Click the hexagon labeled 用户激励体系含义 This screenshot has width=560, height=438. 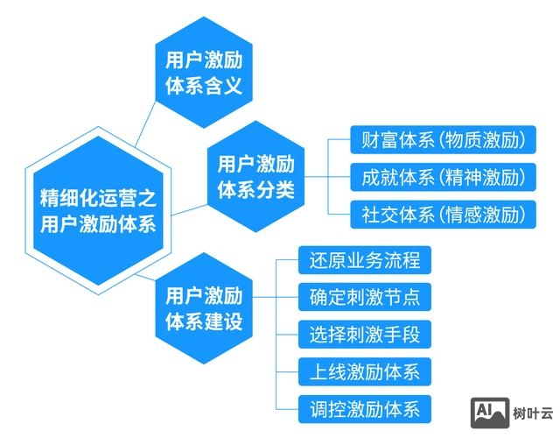click(x=204, y=74)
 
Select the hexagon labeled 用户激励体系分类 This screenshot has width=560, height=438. click(x=255, y=176)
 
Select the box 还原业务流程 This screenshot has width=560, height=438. click(x=365, y=260)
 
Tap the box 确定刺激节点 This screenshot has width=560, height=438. click(x=365, y=297)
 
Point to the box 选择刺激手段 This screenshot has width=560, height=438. click(x=365, y=334)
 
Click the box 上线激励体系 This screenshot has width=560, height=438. click(x=365, y=371)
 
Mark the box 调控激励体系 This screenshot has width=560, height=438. click(x=365, y=407)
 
